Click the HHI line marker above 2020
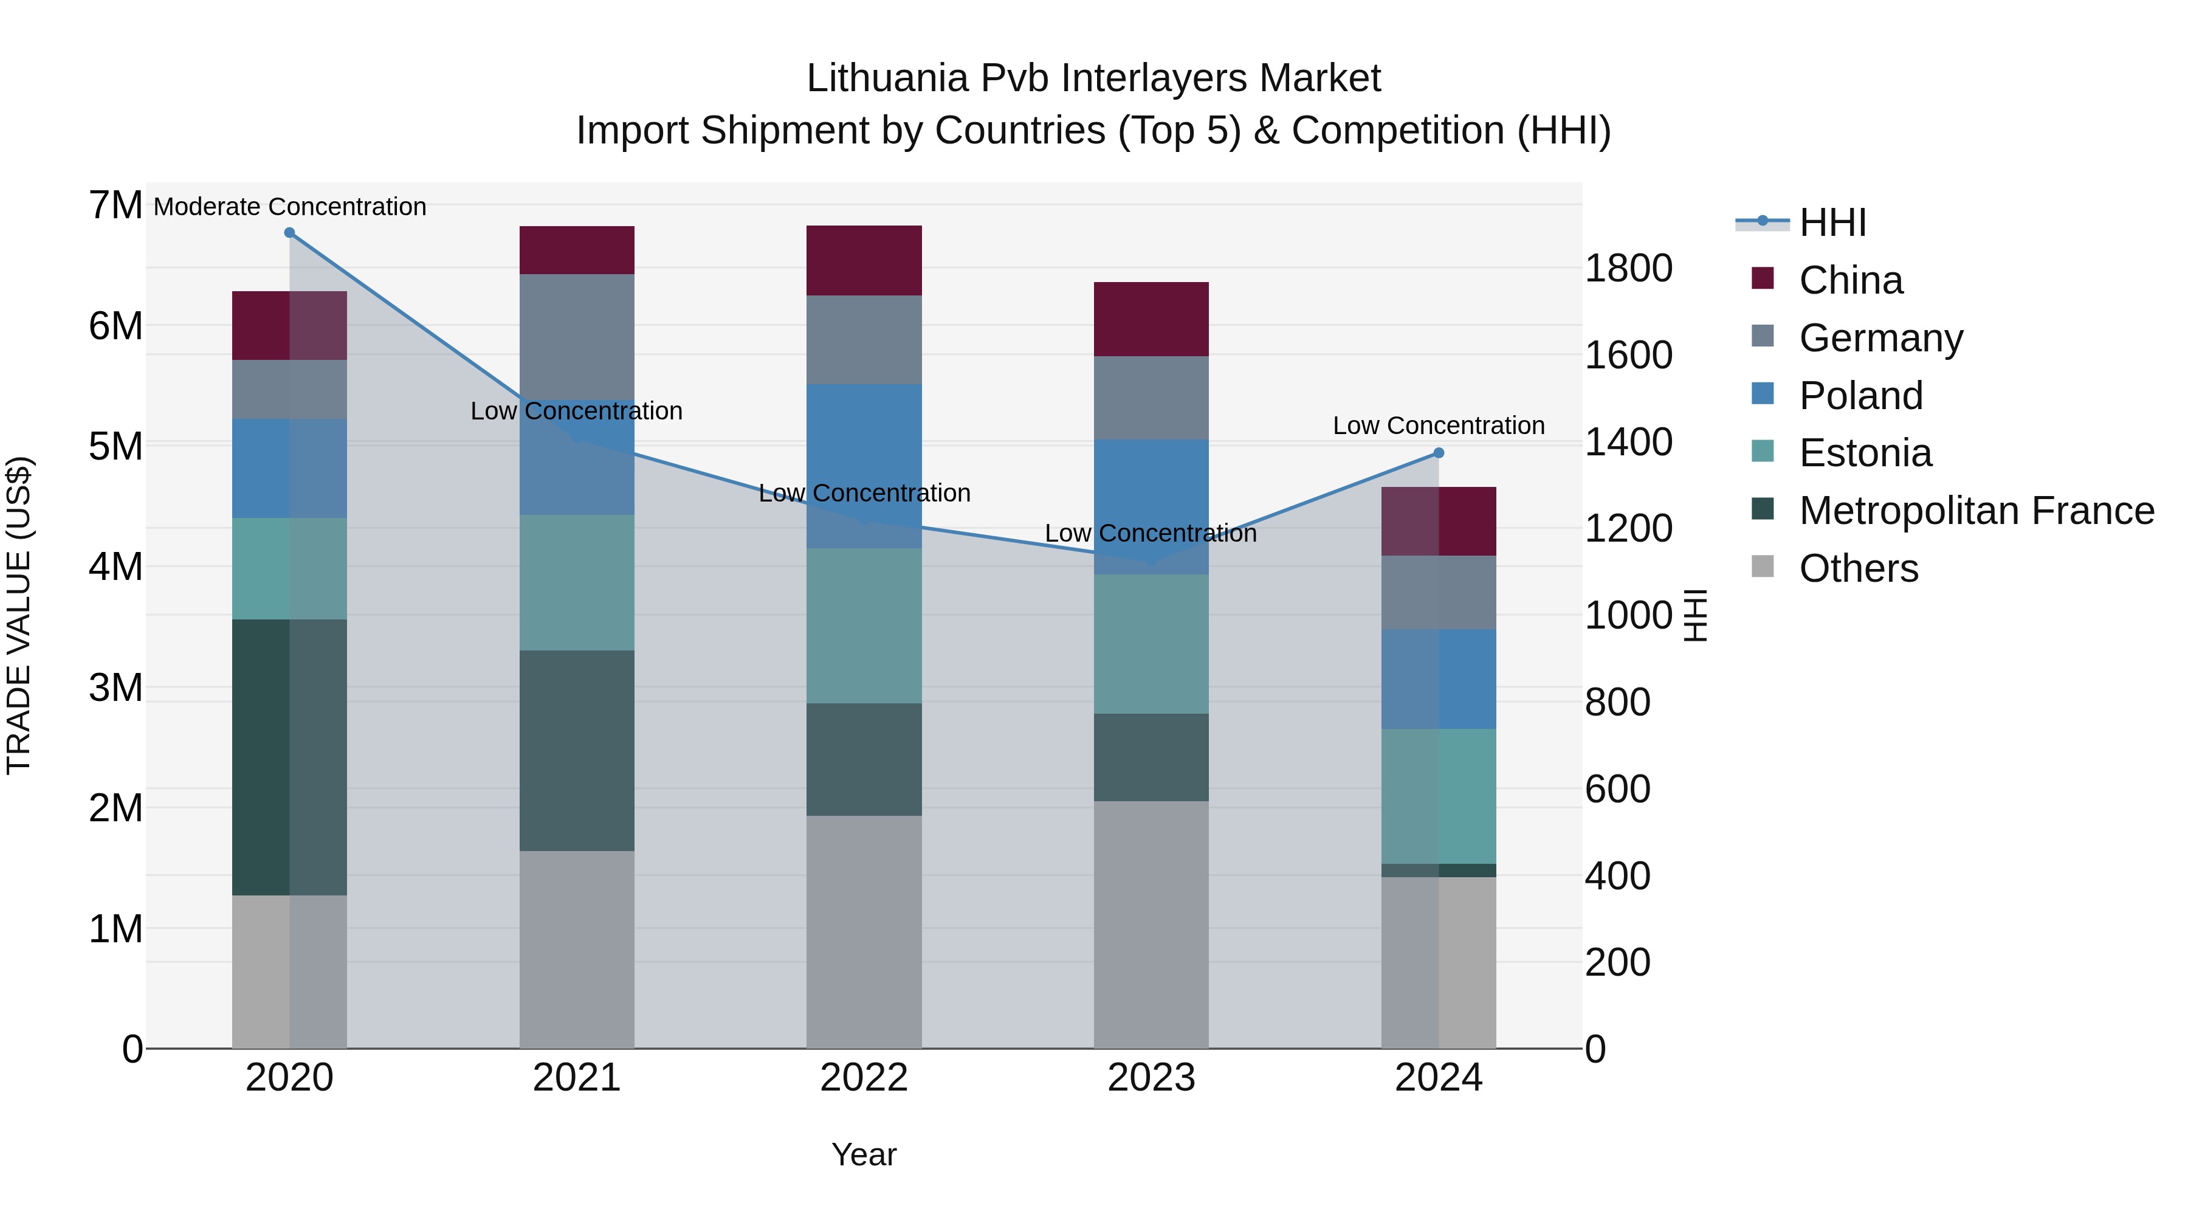click(x=290, y=233)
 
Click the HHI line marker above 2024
click(x=1438, y=453)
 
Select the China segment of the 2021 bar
click(x=577, y=250)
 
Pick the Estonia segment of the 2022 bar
click(x=864, y=626)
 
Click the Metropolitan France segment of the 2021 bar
click(x=577, y=750)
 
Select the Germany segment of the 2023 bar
click(x=1151, y=398)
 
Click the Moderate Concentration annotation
click(x=290, y=207)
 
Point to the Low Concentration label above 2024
click(x=1438, y=426)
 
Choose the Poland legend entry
click(x=1860, y=395)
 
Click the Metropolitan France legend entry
click(x=1976, y=511)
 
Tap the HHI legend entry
click(x=1832, y=222)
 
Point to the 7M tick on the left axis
click(x=115, y=205)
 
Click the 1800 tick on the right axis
click(x=1628, y=269)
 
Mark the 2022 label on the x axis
click(x=864, y=1078)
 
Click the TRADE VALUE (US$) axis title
click(x=19, y=615)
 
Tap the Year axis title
click(x=864, y=1154)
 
